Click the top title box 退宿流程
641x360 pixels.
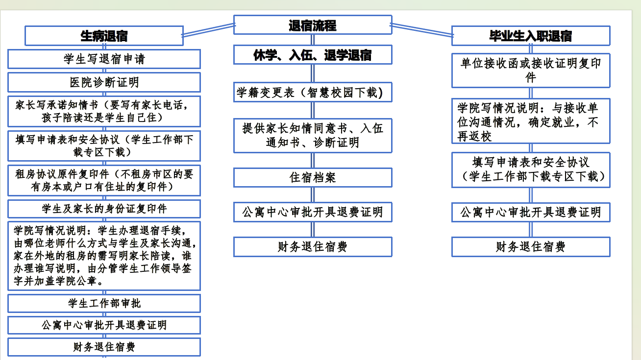pyautogui.click(x=313, y=25)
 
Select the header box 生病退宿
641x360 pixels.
pyautogui.click(x=104, y=36)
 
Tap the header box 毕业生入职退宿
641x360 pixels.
pyautogui.click(x=531, y=36)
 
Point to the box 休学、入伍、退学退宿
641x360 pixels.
pyautogui.click(x=313, y=55)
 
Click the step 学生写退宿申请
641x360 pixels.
pyautogui.click(x=104, y=59)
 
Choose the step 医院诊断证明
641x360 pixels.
pyautogui.click(x=104, y=82)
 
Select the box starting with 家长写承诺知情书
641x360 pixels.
pyautogui.click(x=104, y=112)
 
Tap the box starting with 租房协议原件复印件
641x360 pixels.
pyautogui.click(x=104, y=180)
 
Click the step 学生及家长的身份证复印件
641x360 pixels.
pyautogui.click(x=104, y=209)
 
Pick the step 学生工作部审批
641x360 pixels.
pyautogui.click(x=104, y=303)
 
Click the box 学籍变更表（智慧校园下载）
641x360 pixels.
pyautogui.click(x=313, y=93)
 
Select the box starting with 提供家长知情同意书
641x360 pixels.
pyautogui.click(x=313, y=136)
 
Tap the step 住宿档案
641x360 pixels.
pyautogui.click(x=313, y=178)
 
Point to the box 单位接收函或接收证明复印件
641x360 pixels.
pyautogui.click(x=531, y=71)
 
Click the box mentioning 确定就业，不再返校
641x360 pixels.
pyautogui.click(x=531, y=121)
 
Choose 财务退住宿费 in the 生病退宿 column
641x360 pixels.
pyautogui.click(x=104, y=347)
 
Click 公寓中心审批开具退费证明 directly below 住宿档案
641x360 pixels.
pyautogui.click(x=313, y=212)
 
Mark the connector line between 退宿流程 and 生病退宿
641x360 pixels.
pyautogui.click(x=209, y=30)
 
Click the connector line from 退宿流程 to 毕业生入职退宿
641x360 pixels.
pyautogui.click(x=422, y=30)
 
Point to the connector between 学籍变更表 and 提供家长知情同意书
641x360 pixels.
pyautogui.click(x=313, y=110)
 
